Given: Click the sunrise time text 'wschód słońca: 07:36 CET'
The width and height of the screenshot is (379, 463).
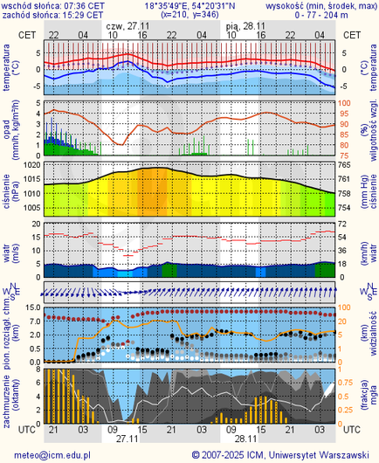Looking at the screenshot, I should [x=54, y=5].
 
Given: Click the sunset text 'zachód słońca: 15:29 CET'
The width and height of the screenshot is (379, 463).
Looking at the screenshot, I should [x=54, y=15].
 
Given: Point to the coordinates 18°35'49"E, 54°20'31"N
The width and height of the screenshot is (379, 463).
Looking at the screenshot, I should [x=189, y=5].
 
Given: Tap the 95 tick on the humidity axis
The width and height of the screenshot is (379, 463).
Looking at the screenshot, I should [x=343, y=113].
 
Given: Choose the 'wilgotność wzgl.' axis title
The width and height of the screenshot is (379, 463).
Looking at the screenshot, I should [x=371, y=128].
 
